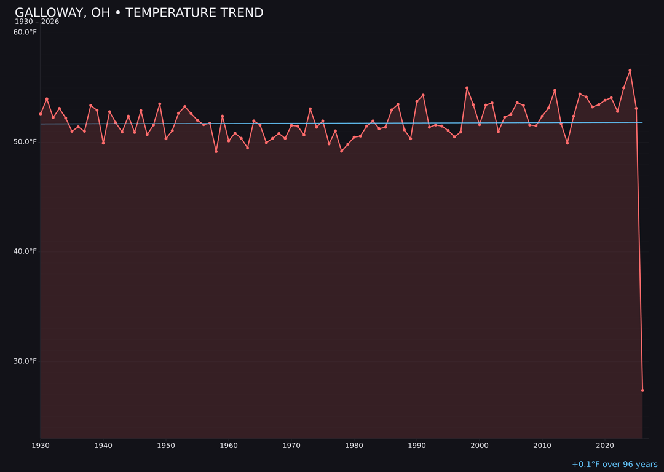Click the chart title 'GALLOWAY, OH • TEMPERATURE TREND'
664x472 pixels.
(139, 13)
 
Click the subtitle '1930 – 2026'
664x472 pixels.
(37, 22)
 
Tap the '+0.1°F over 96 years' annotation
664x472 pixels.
(614, 465)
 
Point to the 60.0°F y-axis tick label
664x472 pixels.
(25, 32)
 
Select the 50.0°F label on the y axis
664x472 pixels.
(25, 142)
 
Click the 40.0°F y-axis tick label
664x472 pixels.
(25, 251)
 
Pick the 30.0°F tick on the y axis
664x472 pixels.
(25, 361)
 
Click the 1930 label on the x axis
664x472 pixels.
(41, 446)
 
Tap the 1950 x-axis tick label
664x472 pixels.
(166, 446)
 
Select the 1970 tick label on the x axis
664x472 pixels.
(291, 446)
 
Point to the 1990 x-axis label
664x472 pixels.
(417, 446)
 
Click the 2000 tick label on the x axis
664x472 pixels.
(480, 446)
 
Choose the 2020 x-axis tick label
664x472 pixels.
(605, 446)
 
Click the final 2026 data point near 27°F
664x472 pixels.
(642, 390)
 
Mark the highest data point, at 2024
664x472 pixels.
(630, 70)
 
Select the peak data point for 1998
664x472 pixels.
(467, 88)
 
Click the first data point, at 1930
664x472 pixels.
(41, 114)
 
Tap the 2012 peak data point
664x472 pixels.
(555, 90)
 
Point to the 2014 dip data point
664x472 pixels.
(567, 143)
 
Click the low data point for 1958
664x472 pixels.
(216, 151)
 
